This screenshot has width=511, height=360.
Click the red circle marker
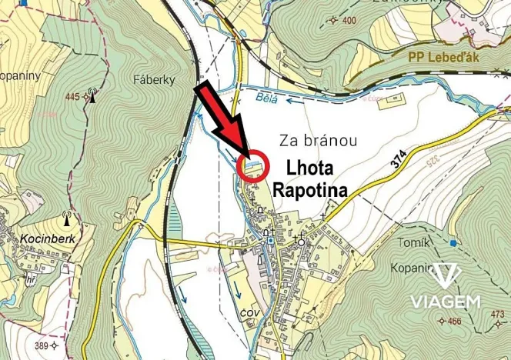(x=253, y=165)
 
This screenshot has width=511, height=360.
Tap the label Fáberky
(x=154, y=79)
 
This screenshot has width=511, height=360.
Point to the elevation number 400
(x=349, y=20)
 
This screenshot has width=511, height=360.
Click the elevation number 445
(x=73, y=96)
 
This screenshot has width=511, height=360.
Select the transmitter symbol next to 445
(x=92, y=95)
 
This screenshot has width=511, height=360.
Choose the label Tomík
(x=416, y=242)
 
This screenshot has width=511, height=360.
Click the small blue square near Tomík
(x=454, y=243)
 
